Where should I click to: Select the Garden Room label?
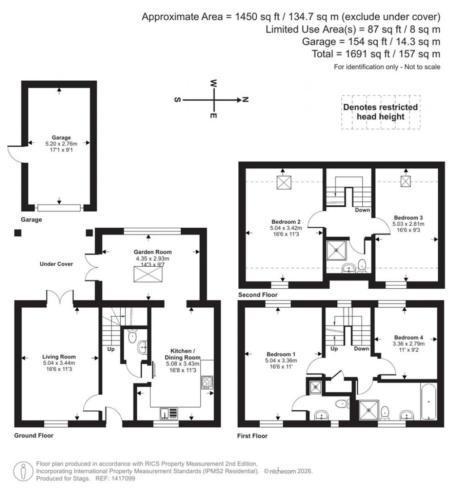click(148, 252)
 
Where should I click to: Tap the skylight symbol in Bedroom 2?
click(284, 183)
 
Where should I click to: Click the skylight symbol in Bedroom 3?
click(405, 181)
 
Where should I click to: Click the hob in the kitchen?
click(208, 382)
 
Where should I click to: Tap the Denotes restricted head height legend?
click(380, 112)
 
